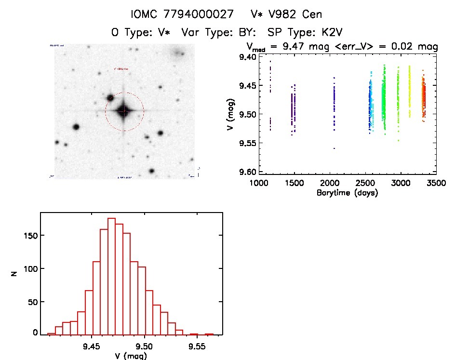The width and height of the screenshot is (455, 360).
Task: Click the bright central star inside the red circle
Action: tap(124, 111)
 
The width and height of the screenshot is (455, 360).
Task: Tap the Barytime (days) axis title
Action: tap(347, 193)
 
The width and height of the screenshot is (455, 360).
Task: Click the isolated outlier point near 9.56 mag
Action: tap(334, 148)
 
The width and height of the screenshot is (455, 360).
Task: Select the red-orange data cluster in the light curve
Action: tap(423, 96)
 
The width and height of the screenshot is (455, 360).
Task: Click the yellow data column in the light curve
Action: tap(409, 92)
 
